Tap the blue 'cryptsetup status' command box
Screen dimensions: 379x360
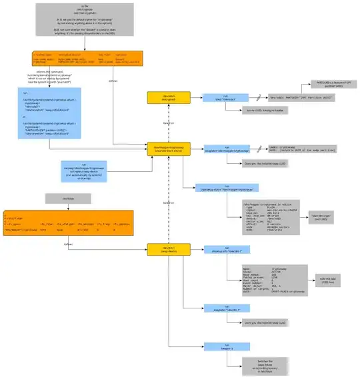[219, 188]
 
